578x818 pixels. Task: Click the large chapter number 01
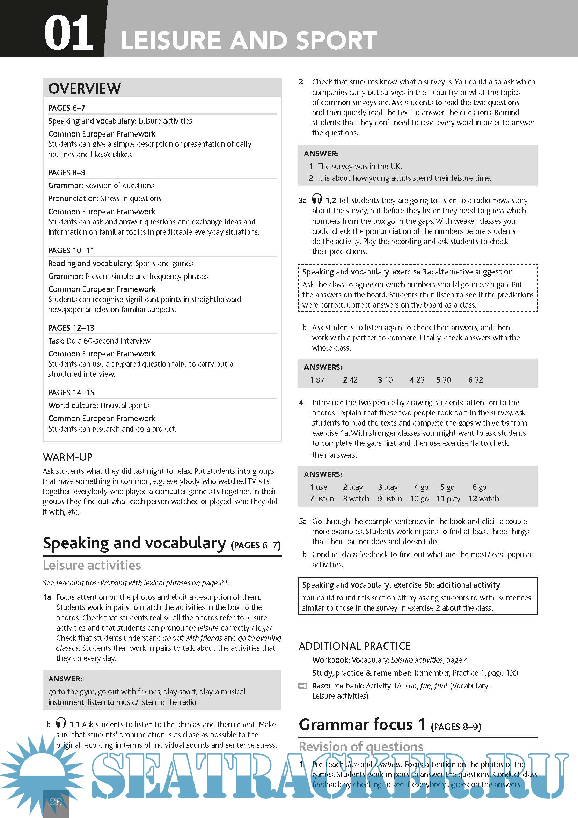68,33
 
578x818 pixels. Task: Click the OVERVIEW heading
85,88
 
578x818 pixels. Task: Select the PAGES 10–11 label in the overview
71,250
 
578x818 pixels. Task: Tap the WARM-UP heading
68,457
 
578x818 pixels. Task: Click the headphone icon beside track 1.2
317,198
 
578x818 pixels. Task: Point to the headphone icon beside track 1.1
61,723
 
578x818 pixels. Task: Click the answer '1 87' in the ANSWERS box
317,380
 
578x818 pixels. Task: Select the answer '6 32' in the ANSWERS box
475,380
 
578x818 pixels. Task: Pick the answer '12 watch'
484,499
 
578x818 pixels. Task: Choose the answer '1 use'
318,487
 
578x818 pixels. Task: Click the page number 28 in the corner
56,802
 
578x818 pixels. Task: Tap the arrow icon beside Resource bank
302,686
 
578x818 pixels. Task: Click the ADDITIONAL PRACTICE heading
354,646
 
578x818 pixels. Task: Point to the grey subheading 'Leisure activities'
92,565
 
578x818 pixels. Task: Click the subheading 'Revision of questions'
361,746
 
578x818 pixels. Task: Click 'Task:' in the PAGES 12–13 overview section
56,341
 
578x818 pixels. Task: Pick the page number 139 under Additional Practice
512,673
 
